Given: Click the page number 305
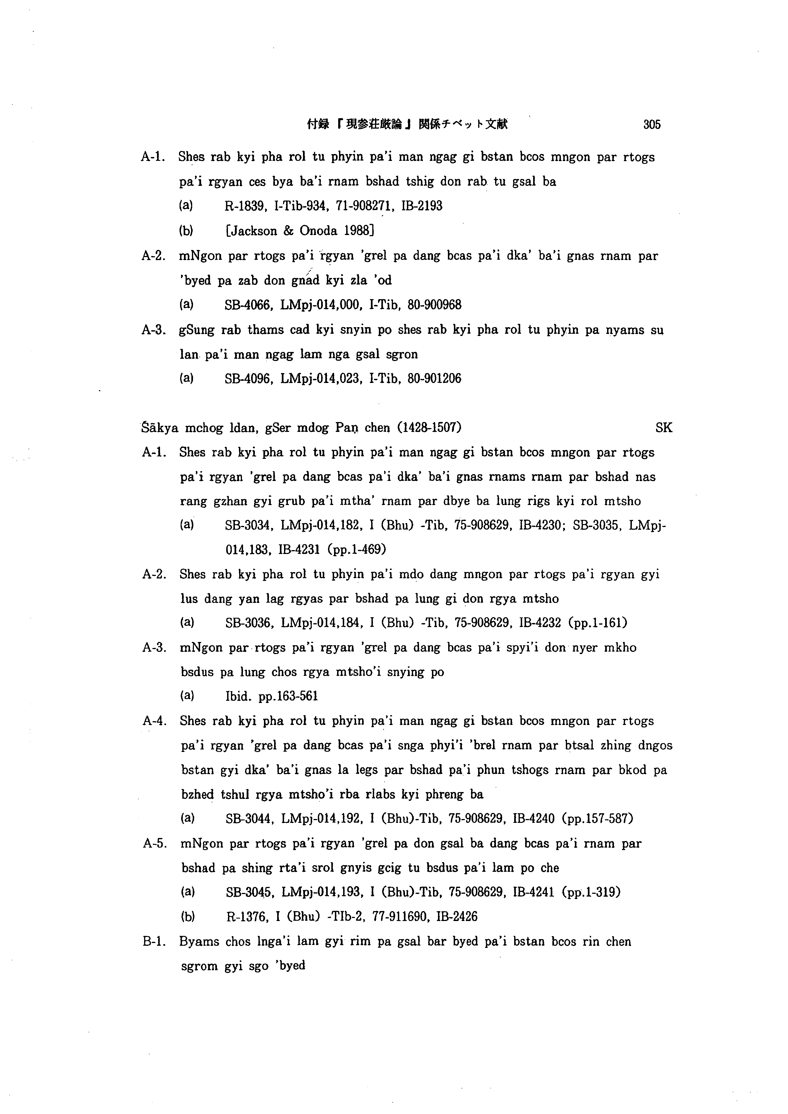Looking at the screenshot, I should pyautogui.click(x=652, y=125).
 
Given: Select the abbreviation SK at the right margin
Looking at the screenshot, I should pyautogui.click(x=664, y=428).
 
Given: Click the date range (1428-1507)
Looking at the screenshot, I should pyautogui.click(x=429, y=428).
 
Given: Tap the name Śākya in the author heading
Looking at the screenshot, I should pyautogui.click(x=160, y=428).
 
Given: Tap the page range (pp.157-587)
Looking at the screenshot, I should pyautogui.click(x=598, y=819).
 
